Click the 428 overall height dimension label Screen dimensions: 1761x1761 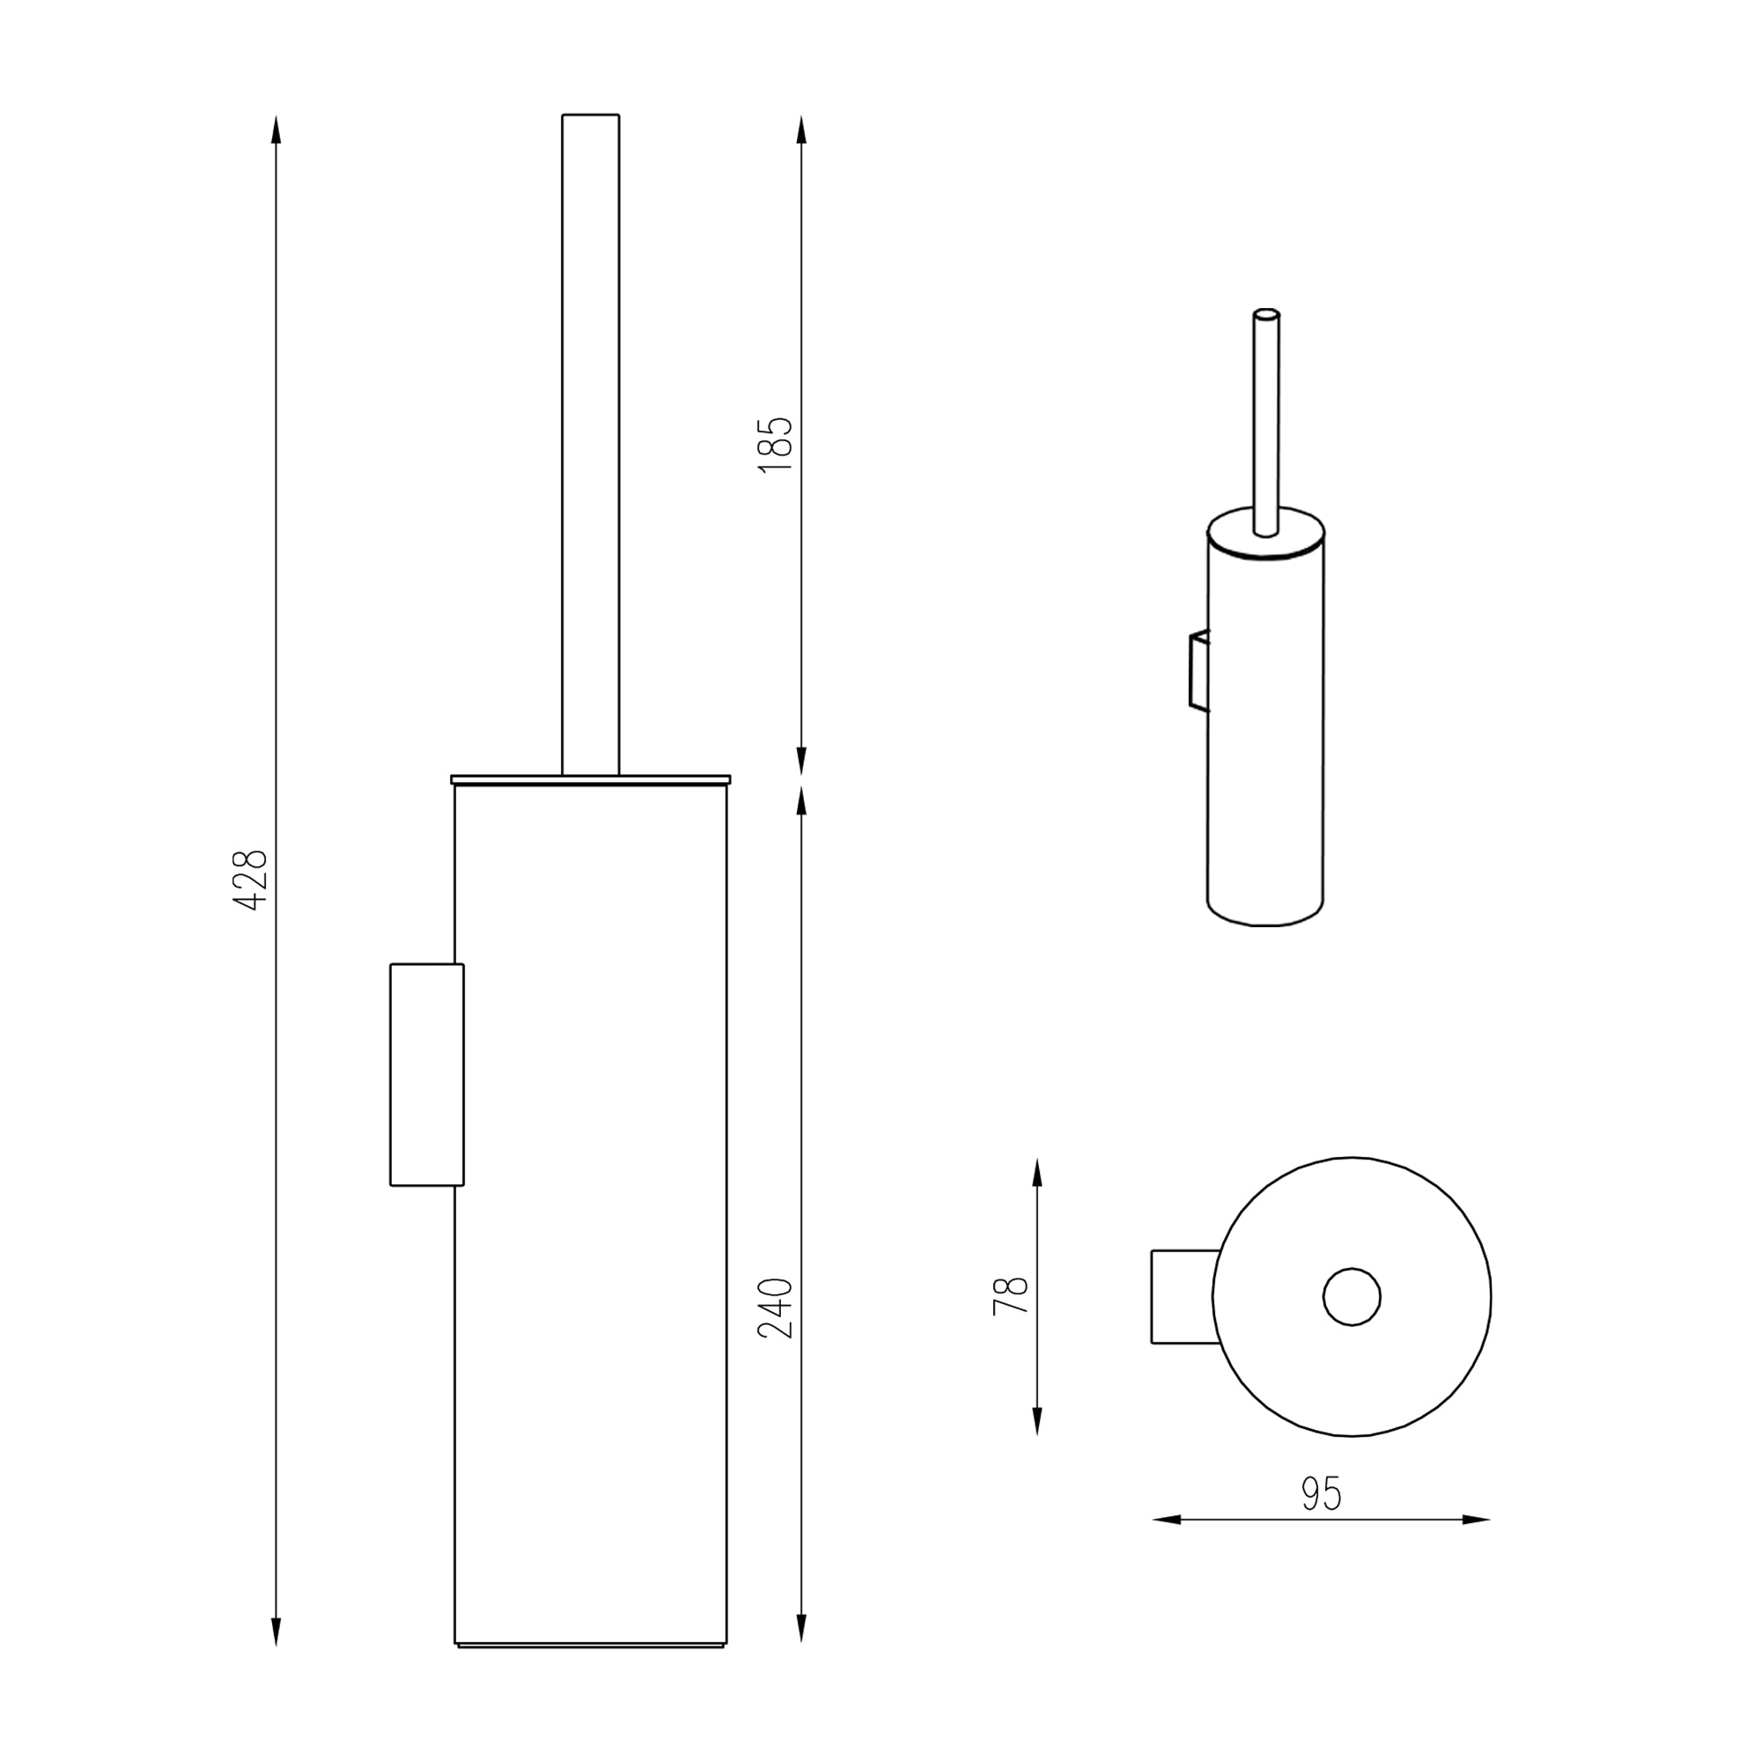pos(250,880)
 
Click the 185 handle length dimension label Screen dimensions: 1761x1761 pos(776,444)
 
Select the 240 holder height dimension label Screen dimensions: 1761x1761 pos(776,1308)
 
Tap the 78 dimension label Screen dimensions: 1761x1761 pos(1010,1295)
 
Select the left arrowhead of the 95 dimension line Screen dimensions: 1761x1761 pos(1168,1520)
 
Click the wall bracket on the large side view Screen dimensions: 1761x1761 pos(425,1073)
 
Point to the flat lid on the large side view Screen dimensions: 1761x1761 pos(591,779)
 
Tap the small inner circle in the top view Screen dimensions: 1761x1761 pos(1352,1296)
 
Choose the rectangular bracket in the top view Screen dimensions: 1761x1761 pos(1183,1296)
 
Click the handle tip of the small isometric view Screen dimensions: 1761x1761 pos(1266,314)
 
